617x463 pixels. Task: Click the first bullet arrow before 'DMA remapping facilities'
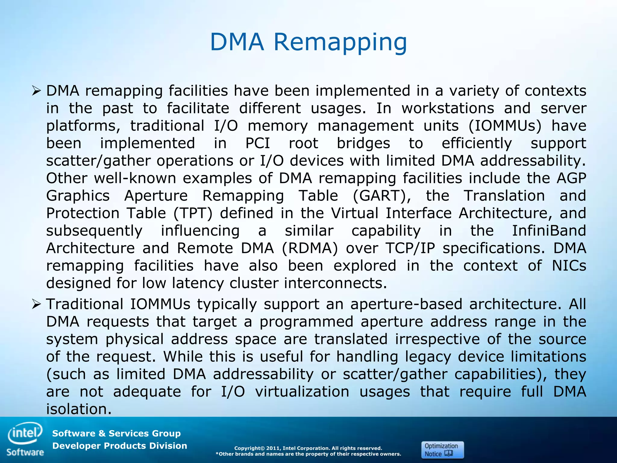(36, 90)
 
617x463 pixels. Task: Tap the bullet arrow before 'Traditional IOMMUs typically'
(36, 304)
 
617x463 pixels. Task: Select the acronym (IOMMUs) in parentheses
(505, 126)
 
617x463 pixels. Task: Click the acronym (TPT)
(193, 213)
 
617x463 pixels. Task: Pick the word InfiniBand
(549, 231)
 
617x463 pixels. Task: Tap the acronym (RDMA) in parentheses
(310, 248)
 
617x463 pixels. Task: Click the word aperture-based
(406, 304)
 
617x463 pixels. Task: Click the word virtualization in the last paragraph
(302, 392)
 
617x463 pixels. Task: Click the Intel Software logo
(25, 439)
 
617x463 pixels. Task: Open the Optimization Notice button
(442, 450)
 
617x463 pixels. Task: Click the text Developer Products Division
(120, 446)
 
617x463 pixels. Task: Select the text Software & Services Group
(116, 433)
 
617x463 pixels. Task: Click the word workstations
(448, 108)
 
